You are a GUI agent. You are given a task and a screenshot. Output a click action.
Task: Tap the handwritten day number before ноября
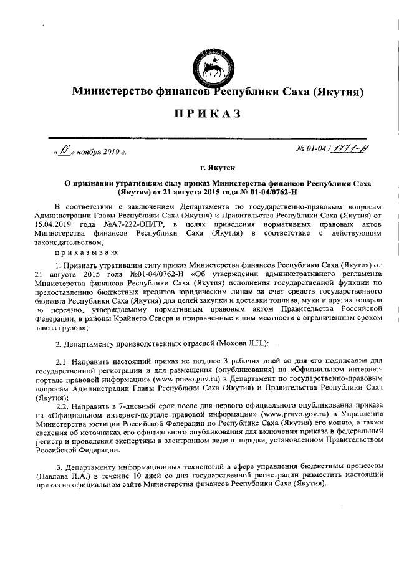[x=65, y=150]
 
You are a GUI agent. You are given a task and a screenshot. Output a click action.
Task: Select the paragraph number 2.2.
[x=64, y=404]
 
